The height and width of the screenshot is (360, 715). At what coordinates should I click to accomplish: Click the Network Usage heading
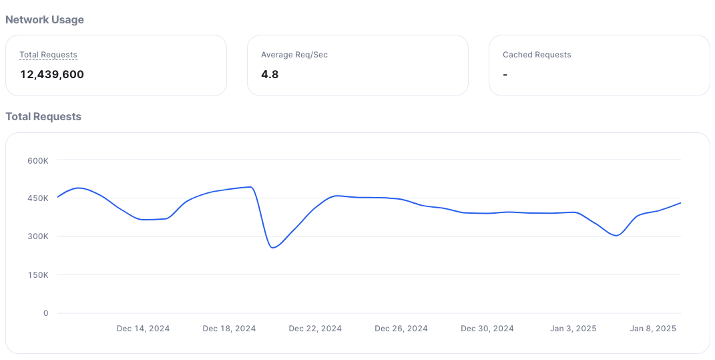point(45,20)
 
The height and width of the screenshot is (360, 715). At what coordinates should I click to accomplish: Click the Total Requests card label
point(48,55)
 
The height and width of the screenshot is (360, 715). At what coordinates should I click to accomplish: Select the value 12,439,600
point(52,74)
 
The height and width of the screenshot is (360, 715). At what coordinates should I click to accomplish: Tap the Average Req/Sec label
point(294,55)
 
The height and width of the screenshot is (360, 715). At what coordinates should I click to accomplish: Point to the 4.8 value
point(270,74)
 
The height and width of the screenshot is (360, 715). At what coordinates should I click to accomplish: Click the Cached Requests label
point(537,55)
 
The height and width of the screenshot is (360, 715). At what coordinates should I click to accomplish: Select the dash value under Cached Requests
point(505,75)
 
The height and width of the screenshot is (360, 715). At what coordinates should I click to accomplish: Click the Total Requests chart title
point(43,117)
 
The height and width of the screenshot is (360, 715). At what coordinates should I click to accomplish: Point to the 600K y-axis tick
point(37,160)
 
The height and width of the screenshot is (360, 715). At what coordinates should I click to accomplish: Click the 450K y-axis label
point(37,198)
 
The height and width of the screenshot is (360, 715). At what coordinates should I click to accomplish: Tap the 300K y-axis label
point(37,236)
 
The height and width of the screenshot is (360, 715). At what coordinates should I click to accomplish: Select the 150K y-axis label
point(37,275)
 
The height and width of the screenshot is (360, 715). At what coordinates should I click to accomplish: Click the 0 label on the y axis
point(46,313)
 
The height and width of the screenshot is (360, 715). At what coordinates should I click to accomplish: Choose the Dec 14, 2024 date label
point(143,329)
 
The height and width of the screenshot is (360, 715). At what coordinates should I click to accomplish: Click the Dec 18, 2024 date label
point(229,329)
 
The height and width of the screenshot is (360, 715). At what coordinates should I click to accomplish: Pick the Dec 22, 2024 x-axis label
point(315,329)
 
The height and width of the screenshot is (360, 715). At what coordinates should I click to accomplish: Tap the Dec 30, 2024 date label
point(487,329)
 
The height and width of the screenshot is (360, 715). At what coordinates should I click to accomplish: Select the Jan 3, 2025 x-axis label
point(573,329)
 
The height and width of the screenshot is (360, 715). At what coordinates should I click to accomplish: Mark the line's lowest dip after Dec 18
point(272,248)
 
